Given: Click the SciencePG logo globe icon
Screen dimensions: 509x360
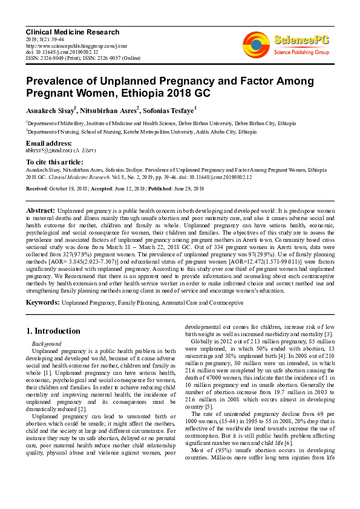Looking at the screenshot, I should click(x=256, y=44).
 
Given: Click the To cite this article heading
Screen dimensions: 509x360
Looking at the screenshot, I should click(x=54, y=162).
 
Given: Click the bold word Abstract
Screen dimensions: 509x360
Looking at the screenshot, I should click(x=41, y=210).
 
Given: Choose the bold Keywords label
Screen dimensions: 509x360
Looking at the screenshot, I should click(x=42, y=302).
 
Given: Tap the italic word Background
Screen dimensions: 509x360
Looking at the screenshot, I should click(x=47, y=343).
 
